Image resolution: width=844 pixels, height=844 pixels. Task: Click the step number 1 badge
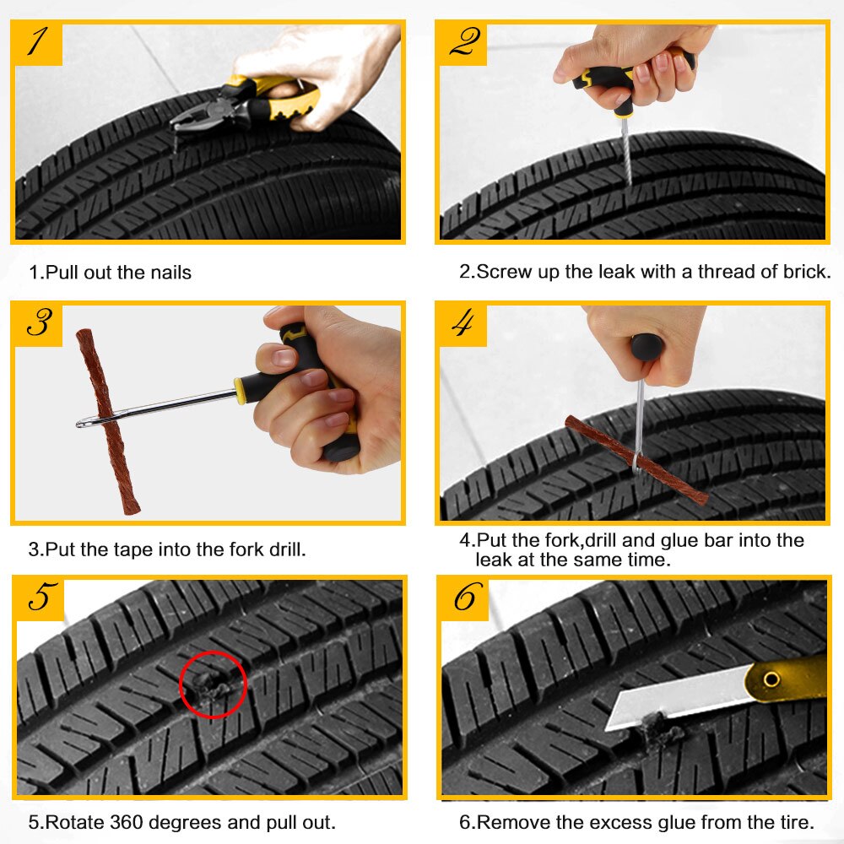point(38,42)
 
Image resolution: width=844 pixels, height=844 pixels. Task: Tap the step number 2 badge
point(462,42)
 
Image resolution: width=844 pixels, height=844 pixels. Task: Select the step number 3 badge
point(38,323)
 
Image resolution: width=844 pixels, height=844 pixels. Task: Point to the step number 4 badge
point(462,323)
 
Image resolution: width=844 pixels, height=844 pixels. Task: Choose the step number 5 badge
point(40,598)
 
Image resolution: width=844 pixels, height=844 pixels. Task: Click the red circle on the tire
point(213,684)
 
